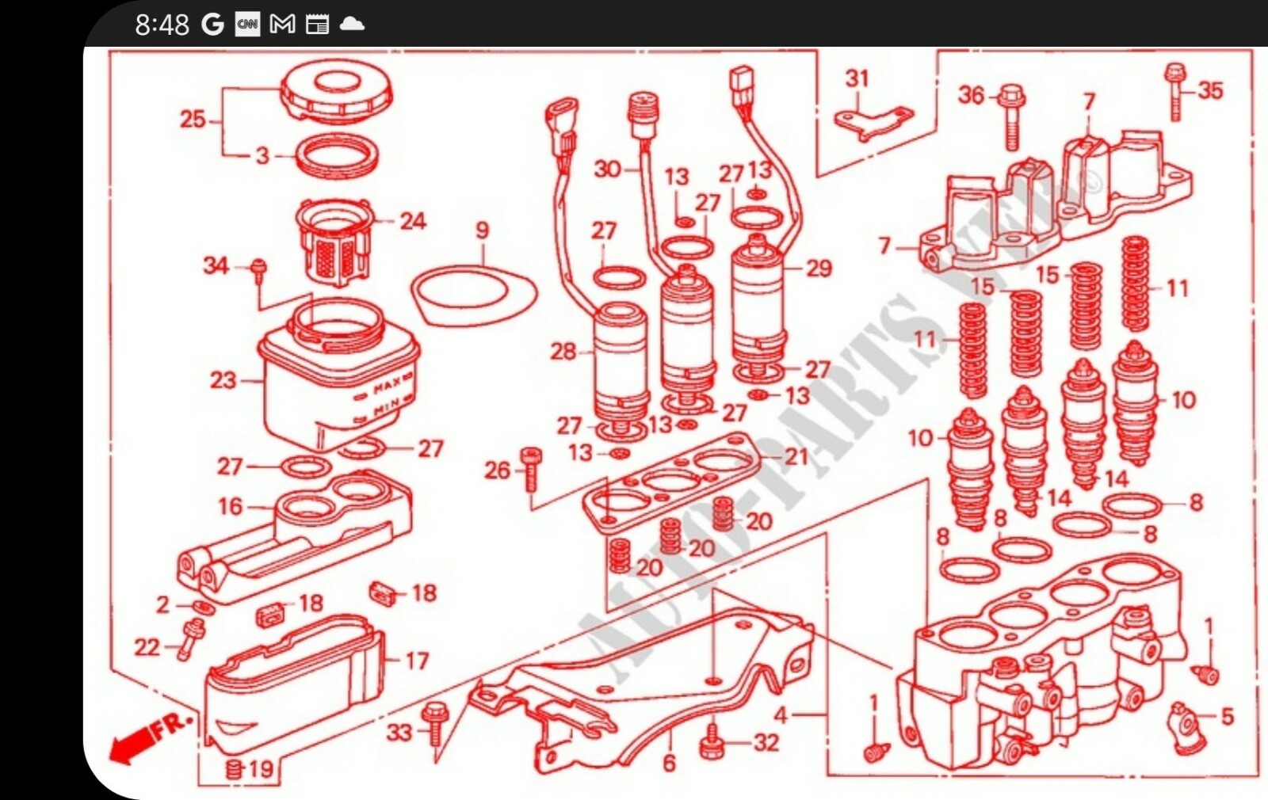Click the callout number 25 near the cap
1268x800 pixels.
193,120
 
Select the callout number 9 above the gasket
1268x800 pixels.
482,230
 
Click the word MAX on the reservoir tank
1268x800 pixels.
388,386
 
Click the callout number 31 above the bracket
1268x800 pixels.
857,78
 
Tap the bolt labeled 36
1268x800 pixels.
1010,115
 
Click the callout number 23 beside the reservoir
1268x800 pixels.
223,380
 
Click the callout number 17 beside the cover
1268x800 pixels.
417,661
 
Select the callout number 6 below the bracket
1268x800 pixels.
669,763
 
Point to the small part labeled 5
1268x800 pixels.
1186,719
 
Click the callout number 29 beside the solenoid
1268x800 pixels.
819,269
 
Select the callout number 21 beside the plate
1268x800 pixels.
796,456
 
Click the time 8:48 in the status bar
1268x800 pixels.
162,25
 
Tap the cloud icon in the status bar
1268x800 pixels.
352,24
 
